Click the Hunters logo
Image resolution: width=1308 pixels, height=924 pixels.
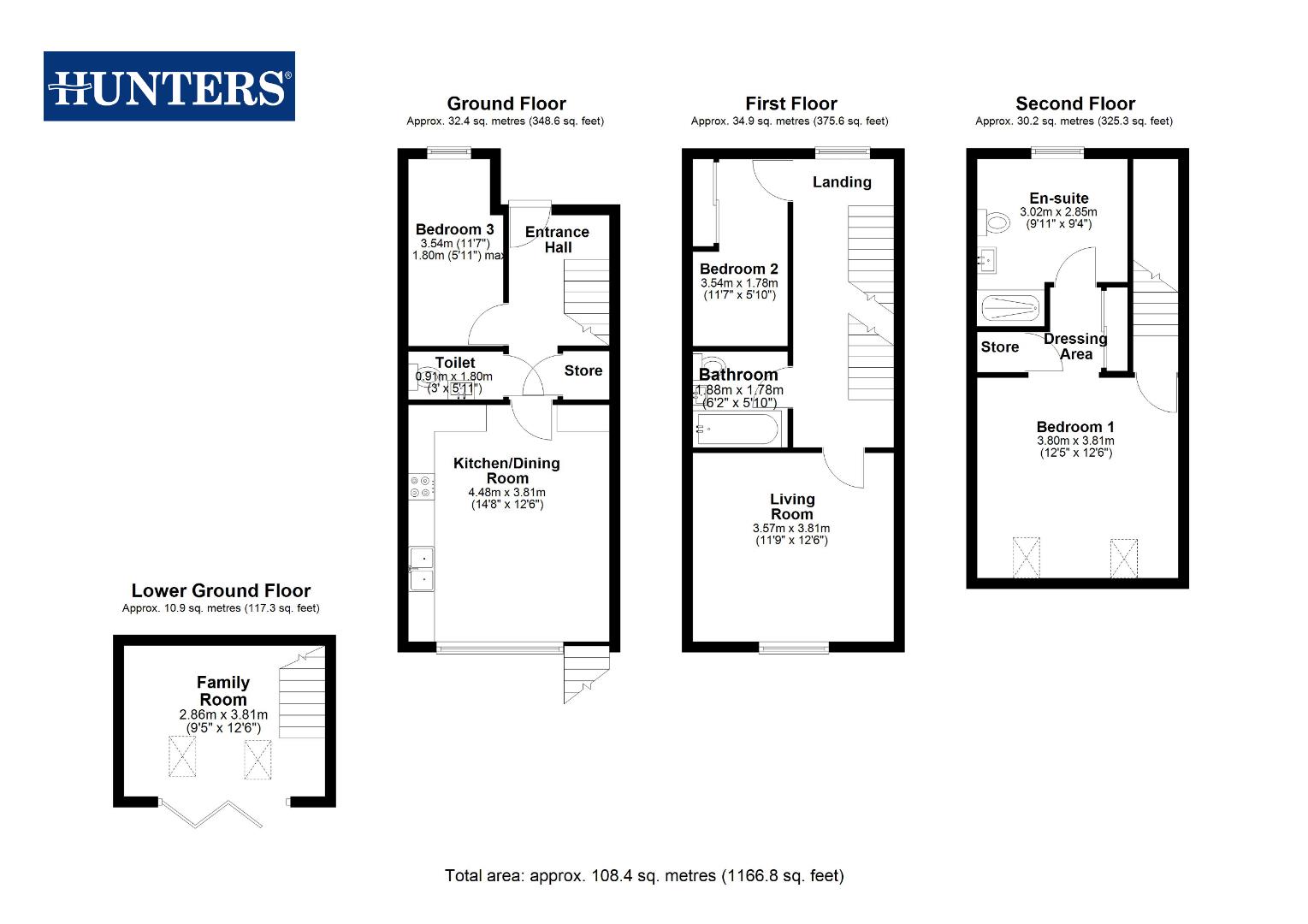tap(169, 86)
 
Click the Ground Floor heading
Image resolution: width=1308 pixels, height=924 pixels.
tap(506, 104)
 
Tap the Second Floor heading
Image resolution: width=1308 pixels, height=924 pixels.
tap(1074, 104)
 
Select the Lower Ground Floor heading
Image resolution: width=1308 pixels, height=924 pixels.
tap(221, 590)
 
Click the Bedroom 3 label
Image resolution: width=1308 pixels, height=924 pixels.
tap(454, 229)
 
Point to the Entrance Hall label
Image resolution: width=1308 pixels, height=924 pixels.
tap(557, 240)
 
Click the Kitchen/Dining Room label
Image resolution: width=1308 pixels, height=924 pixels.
tap(506, 471)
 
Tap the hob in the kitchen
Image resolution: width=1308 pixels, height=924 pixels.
tap(421, 488)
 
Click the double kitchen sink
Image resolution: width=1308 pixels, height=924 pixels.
tap(421, 569)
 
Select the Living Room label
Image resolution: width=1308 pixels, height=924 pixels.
tap(791, 506)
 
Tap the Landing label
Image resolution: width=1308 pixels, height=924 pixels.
tap(842, 182)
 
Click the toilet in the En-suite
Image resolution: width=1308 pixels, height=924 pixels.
tap(995, 222)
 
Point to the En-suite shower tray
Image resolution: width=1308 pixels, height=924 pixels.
tap(1009, 307)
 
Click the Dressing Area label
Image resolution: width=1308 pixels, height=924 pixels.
tap(1075, 346)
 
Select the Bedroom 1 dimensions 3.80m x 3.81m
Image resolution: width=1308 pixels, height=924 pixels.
tap(1075, 441)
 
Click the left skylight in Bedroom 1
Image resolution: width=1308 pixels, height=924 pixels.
tap(1026, 558)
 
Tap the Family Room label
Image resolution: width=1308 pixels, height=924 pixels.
tap(223, 690)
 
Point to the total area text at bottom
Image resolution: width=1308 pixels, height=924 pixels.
tap(644, 875)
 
